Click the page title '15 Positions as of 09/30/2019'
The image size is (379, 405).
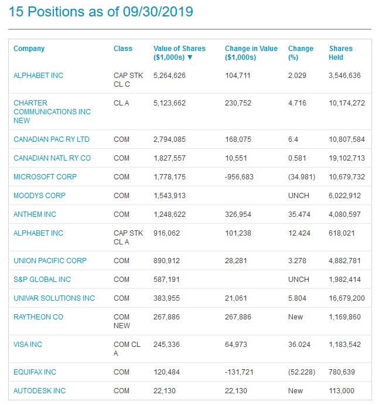click(101, 12)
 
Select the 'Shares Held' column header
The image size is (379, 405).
click(340, 53)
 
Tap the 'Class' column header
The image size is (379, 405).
click(123, 49)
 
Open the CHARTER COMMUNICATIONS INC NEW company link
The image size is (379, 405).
click(52, 111)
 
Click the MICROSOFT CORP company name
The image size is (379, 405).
click(45, 177)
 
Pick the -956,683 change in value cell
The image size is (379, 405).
click(239, 177)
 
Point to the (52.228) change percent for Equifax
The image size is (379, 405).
click(301, 372)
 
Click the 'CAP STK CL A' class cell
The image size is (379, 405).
click(128, 237)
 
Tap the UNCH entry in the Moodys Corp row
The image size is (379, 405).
click(298, 196)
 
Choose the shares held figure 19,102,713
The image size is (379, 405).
click(347, 158)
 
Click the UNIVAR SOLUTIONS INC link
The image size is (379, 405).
click(54, 298)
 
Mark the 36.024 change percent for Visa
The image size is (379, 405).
click(299, 345)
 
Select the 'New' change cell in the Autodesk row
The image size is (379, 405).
click(295, 391)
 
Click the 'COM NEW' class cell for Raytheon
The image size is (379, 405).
click(122, 321)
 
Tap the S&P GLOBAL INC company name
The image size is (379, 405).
click(42, 280)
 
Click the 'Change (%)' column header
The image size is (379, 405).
click(301, 53)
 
